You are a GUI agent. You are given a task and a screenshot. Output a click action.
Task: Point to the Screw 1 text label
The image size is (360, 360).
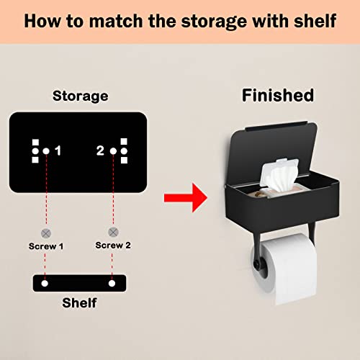point(47,246)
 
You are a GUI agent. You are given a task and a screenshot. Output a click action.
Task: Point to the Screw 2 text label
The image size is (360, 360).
point(114,245)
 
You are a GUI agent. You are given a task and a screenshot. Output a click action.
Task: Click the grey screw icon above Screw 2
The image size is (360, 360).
point(113,232)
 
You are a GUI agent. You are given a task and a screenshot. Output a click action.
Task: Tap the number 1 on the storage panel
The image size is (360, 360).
point(58,150)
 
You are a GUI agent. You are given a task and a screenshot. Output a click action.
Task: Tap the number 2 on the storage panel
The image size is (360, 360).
point(101,150)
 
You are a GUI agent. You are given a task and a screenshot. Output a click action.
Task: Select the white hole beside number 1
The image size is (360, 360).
point(45,150)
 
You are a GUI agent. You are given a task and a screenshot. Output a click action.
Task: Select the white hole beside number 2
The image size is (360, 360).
point(112,150)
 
